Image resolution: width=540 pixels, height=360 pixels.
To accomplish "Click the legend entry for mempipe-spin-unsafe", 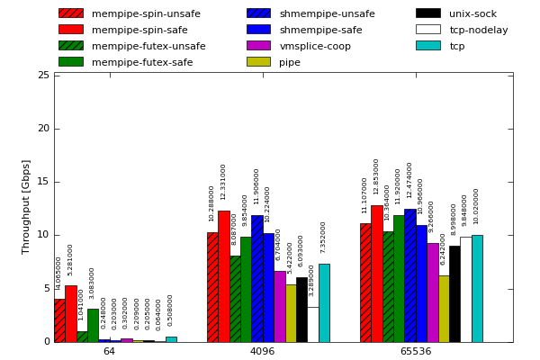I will tap(131, 13).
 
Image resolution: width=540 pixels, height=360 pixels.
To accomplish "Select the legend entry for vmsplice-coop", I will tap(315, 46).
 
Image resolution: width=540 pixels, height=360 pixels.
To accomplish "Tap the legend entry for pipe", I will tap(290, 62).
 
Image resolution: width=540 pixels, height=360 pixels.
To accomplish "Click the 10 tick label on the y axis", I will tap(43, 235).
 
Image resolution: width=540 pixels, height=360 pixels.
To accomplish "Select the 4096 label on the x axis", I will tap(262, 351).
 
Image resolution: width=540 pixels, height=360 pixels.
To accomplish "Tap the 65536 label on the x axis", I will tap(415, 351).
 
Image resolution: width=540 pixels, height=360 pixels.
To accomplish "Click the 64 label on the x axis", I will tap(109, 351).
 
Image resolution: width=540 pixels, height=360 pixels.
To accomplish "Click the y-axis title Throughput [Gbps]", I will tap(26, 207).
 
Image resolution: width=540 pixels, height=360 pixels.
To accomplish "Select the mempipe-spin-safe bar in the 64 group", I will tap(70, 313).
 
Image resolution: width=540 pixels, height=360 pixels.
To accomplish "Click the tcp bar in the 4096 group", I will tap(324, 302).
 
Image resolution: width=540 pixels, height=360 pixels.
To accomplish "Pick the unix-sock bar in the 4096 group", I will tap(301, 310).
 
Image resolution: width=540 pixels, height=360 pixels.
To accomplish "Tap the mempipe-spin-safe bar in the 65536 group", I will tap(377, 274).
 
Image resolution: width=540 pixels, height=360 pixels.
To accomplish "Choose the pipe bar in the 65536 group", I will tap(444, 309).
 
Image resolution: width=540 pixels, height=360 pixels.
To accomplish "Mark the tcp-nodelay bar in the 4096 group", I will tap(312, 324).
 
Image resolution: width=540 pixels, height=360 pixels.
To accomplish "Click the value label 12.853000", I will tap(377, 176).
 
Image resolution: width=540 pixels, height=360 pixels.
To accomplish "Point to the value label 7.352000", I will tap(324, 237).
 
